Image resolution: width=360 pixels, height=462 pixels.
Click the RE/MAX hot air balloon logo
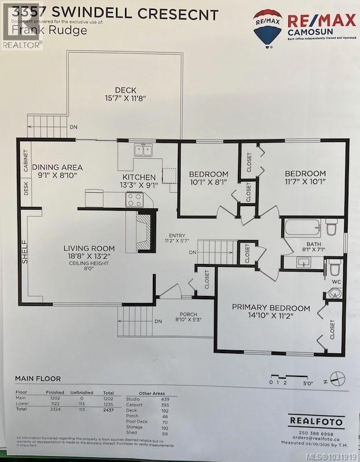268,26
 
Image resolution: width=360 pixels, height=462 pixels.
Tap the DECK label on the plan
125,90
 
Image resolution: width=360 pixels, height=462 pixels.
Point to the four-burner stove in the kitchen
135,199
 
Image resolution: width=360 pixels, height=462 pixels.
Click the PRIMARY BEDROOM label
271,308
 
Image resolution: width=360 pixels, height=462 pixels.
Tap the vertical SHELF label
25,253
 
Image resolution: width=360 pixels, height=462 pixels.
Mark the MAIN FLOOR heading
38,379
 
